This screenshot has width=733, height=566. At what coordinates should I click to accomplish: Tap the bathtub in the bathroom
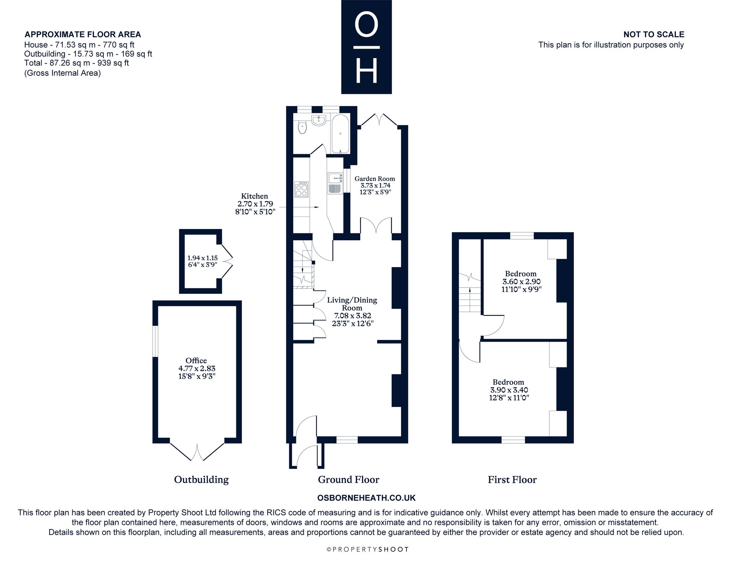[340, 133]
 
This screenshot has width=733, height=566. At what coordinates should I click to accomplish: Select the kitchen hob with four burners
[302, 189]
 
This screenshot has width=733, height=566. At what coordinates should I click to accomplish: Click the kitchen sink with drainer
[335, 183]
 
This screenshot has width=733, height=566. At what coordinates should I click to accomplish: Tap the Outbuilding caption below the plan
[201, 480]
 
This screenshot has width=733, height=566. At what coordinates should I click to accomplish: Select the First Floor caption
[512, 480]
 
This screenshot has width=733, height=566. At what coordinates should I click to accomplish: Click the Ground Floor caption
[349, 480]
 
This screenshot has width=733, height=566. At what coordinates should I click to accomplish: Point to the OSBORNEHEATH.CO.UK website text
[366, 498]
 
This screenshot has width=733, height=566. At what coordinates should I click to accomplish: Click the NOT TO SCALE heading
[654, 34]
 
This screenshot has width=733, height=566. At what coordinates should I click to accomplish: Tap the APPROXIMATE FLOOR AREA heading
[83, 34]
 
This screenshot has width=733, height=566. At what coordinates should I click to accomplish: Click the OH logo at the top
[366, 47]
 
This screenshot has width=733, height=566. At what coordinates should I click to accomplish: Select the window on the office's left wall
[155, 341]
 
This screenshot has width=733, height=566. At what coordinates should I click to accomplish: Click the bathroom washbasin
[319, 120]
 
